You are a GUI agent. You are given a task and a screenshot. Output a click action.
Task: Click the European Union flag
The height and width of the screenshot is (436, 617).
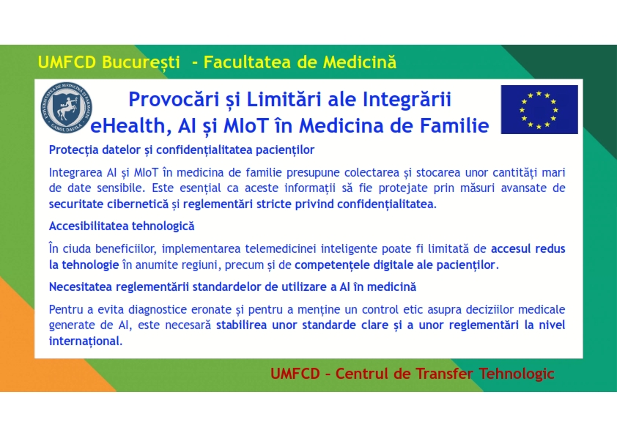tap(539, 109)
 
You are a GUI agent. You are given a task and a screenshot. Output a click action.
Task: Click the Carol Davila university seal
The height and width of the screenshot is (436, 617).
tap(66, 108)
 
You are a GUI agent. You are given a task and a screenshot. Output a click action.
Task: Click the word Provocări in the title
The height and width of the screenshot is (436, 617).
tap(174, 99)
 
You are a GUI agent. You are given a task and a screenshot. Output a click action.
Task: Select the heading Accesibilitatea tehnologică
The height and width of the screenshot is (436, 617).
tap(122, 226)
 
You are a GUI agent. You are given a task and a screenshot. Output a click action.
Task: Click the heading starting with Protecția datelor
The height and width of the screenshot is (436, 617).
tap(182, 150)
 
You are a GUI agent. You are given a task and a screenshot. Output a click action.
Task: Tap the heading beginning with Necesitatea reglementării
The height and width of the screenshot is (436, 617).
tap(232, 287)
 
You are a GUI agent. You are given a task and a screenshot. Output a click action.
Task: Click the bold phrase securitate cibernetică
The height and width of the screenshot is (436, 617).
tap(108, 204)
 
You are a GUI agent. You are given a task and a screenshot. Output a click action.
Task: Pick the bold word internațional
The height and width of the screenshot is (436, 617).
tap(86, 341)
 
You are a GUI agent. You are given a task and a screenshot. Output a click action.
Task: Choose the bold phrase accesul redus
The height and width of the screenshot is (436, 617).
tap(528, 248)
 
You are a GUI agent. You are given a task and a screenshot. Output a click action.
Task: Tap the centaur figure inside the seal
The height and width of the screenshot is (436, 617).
tap(67, 108)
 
